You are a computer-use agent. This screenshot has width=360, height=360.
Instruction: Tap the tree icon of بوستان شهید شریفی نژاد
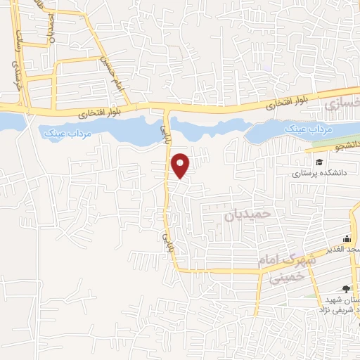tap(344, 288)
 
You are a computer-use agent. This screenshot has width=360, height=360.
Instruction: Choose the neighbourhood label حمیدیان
tap(247, 214)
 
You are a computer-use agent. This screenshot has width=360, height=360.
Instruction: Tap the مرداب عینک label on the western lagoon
tap(64, 131)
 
